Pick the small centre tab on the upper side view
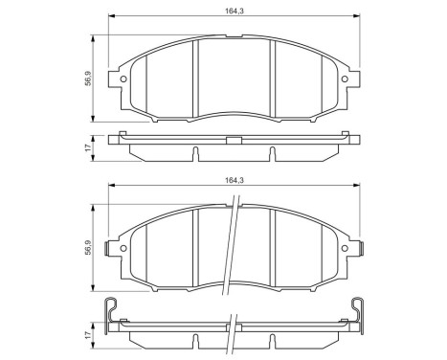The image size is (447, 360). (233, 139)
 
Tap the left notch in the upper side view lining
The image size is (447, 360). (194, 153)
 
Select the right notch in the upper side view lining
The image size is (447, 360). (273, 153)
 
